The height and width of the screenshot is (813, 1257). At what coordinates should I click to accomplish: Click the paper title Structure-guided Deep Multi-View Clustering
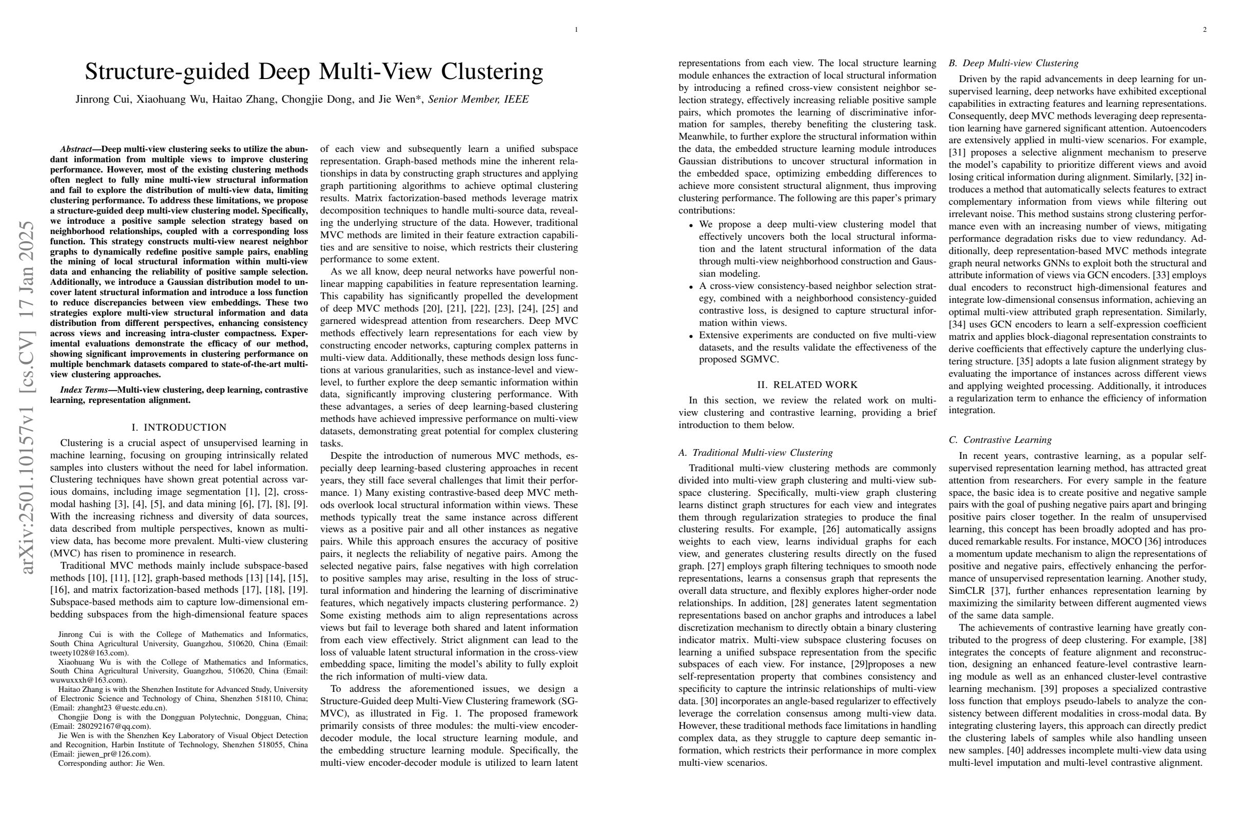click(x=314, y=72)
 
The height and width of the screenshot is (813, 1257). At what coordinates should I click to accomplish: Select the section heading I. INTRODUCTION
click(x=179, y=427)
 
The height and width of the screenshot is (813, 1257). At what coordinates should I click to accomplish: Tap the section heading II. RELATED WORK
click(x=807, y=385)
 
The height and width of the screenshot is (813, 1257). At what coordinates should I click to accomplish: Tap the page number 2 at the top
click(x=1204, y=30)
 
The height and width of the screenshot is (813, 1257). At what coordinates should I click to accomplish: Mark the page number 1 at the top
click(x=576, y=30)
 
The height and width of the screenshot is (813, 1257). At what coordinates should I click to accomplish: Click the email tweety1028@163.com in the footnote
click(x=88, y=653)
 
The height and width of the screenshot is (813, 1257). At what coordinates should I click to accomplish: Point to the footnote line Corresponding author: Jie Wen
click(x=111, y=763)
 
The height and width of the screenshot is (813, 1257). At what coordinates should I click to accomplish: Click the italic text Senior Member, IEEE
click(x=478, y=99)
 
